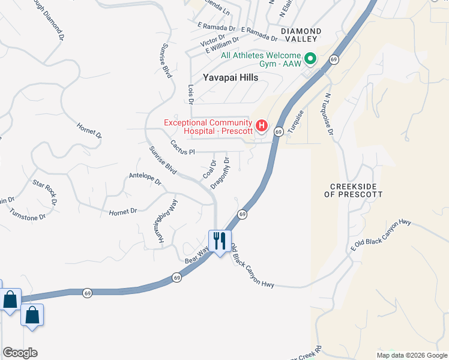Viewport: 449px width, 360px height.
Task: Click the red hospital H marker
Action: click(x=262, y=125)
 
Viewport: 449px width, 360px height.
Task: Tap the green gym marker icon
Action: click(x=310, y=59)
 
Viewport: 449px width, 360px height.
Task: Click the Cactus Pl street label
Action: click(x=183, y=148)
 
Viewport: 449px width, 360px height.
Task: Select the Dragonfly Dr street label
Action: click(x=220, y=173)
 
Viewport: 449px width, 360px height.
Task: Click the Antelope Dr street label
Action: click(x=145, y=178)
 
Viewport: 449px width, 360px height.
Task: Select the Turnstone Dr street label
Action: click(x=28, y=213)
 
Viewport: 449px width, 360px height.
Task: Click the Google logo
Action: click(x=20, y=353)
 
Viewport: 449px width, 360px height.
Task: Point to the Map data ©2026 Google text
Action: click(x=411, y=355)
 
